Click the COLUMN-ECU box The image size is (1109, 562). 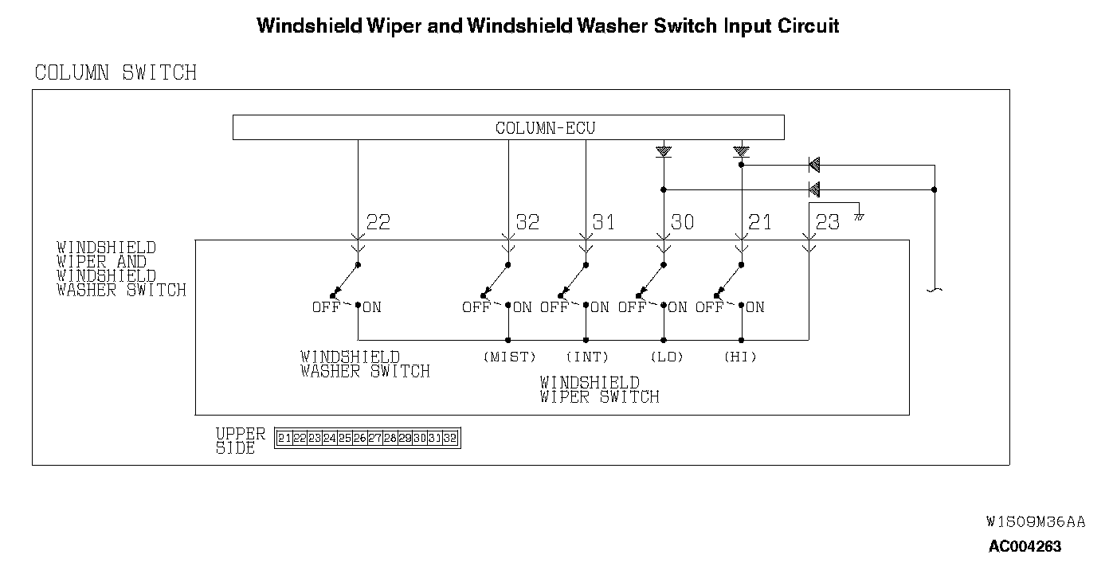click(x=508, y=127)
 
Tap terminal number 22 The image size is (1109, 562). click(x=378, y=222)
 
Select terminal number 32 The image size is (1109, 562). click(x=527, y=222)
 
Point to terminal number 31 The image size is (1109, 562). click(x=604, y=222)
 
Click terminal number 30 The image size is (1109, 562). click(x=683, y=222)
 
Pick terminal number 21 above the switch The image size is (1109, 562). click(x=760, y=222)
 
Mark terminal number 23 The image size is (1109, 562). click(x=828, y=222)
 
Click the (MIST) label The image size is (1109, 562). click(x=510, y=357)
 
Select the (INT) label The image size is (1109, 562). click(x=587, y=357)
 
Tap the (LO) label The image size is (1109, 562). click(x=667, y=357)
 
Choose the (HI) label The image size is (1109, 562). click(x=740, y=357)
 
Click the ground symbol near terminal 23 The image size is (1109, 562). click(x=859, y=216)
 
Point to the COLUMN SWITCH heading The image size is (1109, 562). click(x=116, y=73)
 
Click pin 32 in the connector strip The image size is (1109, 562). click(x=450, y=438)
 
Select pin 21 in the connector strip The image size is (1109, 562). click(x=284, y=438)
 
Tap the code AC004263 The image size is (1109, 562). click(x=1025, y=546)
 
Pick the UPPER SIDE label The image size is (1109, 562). click(x=240, y=441)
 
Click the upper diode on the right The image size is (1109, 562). click(x=814, y=165)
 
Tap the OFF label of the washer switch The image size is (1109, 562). click(x=325, y=307)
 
